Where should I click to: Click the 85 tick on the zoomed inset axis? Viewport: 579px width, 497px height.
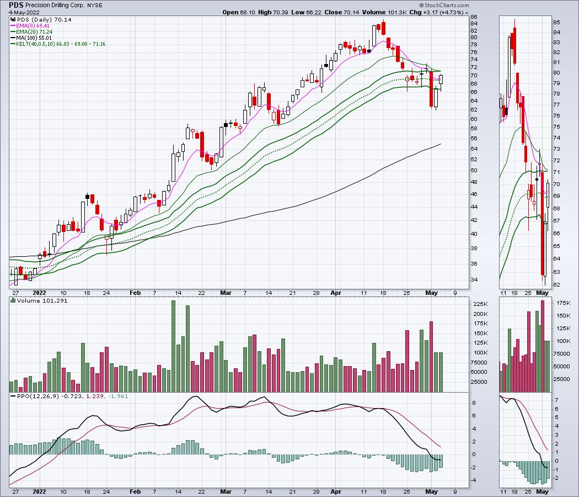click(x=556, y=22)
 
